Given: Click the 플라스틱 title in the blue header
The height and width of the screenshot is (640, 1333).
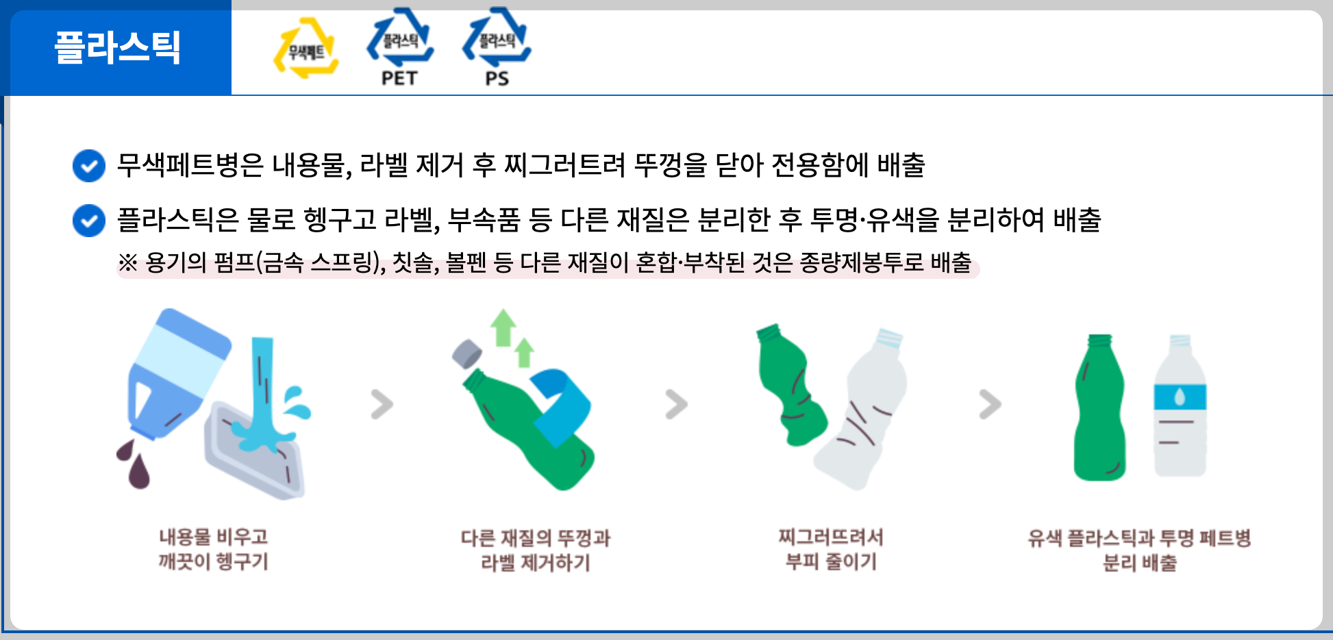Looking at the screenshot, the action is point(117,47).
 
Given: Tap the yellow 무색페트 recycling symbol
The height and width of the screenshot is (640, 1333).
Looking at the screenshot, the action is point(306,47).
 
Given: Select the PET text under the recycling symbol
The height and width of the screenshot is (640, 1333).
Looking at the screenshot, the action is point(399,78).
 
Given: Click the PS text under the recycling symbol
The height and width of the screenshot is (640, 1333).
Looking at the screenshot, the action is point(497,78).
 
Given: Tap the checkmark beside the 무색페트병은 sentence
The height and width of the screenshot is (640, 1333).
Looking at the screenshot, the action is point(89,166).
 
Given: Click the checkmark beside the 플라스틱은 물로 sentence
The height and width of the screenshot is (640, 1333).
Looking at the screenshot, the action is point(89,221).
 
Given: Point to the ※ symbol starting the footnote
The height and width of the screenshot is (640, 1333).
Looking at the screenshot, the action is point(127,262).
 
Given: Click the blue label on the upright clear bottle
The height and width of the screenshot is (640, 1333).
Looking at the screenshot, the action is point(1180,397).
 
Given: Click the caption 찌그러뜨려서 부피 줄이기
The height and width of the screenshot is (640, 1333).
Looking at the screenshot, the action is point(831,550).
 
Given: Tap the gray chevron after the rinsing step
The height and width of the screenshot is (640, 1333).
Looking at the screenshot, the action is point(382,404).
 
